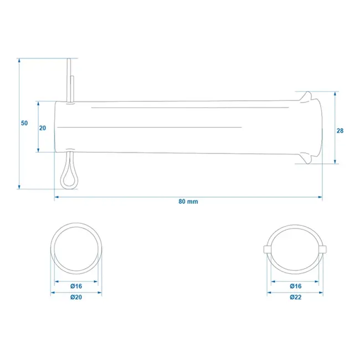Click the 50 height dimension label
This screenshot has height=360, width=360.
24,123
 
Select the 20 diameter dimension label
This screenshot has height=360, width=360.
43,127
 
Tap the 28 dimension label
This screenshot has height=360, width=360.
340,131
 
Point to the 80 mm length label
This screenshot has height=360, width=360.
188,202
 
